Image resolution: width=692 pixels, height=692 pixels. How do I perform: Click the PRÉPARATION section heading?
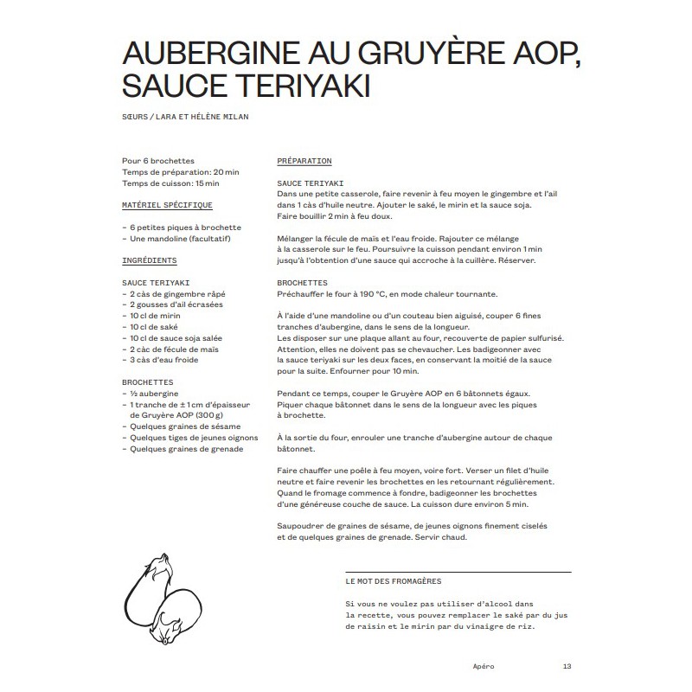point(304,161)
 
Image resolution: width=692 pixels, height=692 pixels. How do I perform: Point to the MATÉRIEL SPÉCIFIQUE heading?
point(167,205)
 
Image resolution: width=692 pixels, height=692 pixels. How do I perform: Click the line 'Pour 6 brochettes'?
point(158,161)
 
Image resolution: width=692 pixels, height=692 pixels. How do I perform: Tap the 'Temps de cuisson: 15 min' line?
point(170,183)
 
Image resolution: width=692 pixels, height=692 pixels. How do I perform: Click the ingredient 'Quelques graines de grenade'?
point(186,448)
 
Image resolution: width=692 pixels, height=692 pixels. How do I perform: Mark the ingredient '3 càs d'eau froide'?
point(164,360)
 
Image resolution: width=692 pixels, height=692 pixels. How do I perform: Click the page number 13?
point(567,665)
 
